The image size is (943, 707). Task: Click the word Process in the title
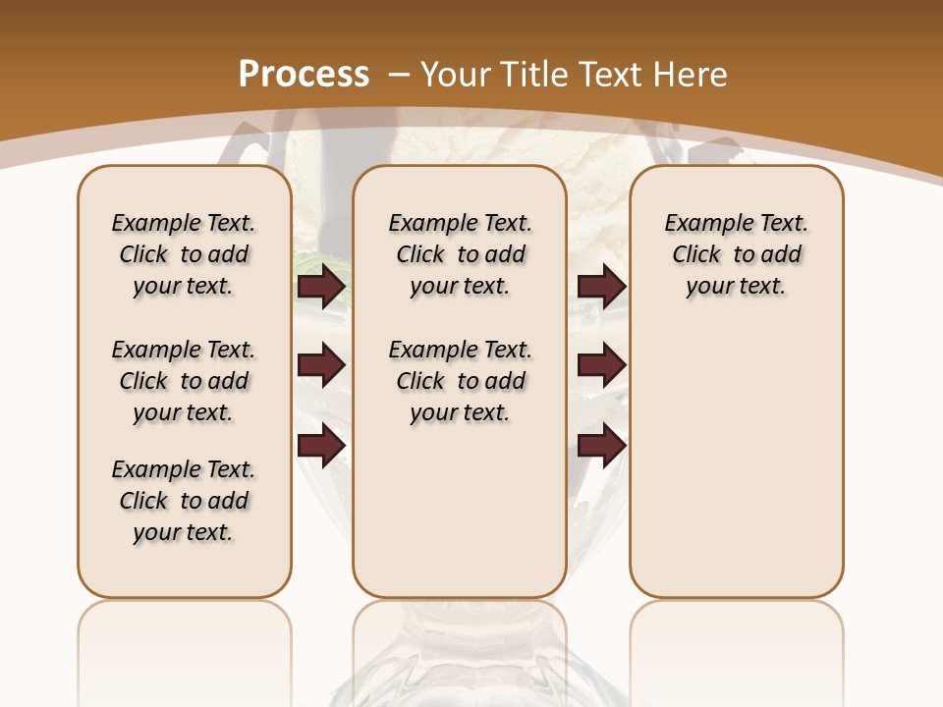[304, 74]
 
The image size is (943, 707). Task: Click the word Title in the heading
[530, 74]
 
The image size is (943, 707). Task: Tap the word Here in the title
[690, 74]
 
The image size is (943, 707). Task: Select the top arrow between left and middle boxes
[321, 287]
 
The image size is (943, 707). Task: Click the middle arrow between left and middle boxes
[321, 366]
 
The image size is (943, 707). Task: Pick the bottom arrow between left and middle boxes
[321, 445]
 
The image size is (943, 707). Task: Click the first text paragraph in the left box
[184, 254]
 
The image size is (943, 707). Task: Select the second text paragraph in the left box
[184, 381]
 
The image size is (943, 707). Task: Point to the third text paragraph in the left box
[184, 501]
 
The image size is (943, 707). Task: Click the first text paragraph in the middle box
[460, 254]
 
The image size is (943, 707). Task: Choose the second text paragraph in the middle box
[460, 381]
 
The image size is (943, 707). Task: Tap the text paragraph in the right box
[736, 254]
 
